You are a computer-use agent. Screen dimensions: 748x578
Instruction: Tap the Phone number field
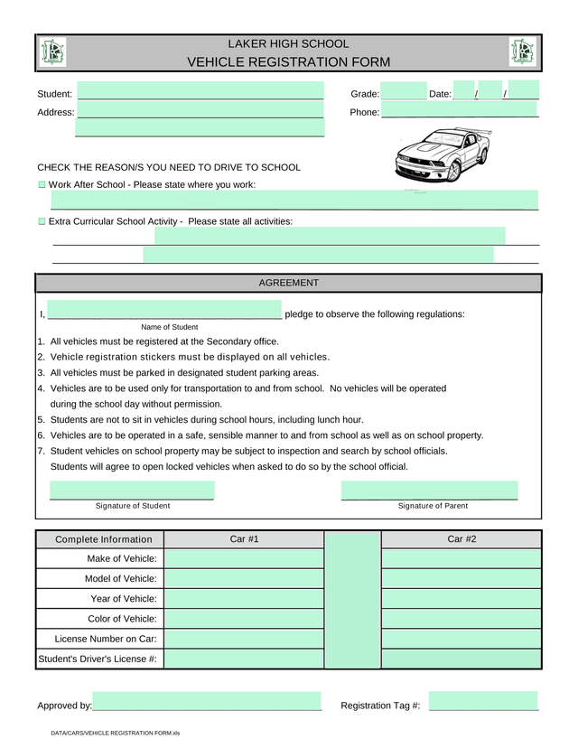coord(459,110)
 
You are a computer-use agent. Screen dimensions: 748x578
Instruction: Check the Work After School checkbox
coord(42,184)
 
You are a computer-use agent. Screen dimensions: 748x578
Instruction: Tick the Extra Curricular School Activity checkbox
coord(42,221)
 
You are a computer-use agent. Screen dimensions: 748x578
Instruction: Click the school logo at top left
coord(53,52)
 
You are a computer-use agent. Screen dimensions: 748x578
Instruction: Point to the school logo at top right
coord(522,52)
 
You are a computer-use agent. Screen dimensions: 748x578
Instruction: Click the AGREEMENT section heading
coord(289,283)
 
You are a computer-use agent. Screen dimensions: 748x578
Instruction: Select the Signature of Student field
coord(132,491)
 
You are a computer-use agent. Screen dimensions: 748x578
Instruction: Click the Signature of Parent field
coord(430,491)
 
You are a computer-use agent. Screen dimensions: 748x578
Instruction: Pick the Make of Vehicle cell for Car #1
coord(244,559)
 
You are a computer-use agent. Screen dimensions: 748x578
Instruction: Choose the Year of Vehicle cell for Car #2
coord(461,599)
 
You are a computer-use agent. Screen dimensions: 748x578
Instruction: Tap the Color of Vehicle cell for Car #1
coord(244,619)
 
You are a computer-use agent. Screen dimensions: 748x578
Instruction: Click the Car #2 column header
coord(461,539)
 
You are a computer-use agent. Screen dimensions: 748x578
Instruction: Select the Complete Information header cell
coord(98,539)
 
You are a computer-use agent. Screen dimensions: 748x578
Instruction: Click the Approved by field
coord(207,702)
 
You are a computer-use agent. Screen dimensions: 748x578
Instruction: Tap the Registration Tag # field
coord(483,702)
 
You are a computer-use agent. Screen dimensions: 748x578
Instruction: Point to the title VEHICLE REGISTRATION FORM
coord(288,62)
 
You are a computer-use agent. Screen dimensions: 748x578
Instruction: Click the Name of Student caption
coord(170,327)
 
